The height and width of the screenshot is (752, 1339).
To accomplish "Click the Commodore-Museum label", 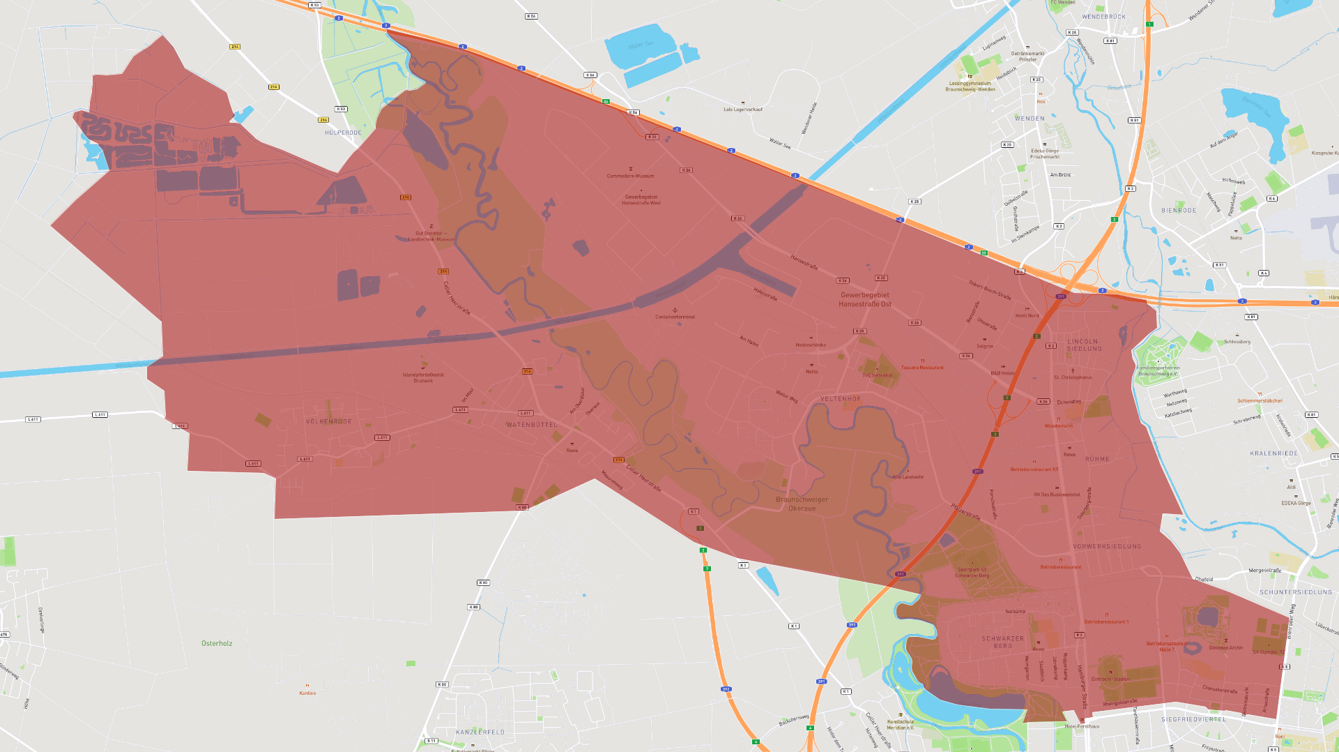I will (630, 176).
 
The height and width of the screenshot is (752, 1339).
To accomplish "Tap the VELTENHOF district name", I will (841, 399).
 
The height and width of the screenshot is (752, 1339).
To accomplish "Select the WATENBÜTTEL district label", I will (532, 425).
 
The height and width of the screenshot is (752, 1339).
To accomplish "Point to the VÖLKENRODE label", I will (329, 421).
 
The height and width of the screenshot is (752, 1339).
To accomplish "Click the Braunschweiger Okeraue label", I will (802, 504).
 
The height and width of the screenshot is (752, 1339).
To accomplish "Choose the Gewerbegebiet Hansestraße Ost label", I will (864, 299).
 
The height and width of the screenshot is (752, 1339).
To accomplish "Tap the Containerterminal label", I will (675, 317).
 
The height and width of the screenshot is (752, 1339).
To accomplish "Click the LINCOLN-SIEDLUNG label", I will (1084, 345).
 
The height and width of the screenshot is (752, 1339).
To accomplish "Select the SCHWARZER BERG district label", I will (1003, 642).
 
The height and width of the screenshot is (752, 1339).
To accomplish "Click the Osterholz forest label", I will (217, 643).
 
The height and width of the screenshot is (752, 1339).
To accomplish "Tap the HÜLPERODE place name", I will (343, 133).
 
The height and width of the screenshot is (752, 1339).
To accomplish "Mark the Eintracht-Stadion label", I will (1110, 679).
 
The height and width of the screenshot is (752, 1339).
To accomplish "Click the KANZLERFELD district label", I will (480, 732).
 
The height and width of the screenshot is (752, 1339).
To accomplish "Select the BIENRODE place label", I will (1179, 210).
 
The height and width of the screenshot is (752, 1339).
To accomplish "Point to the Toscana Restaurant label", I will (922, 368).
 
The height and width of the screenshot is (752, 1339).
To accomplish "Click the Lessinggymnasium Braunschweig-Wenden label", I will (970, 87).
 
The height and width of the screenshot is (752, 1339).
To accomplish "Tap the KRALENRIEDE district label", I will (1273, 453).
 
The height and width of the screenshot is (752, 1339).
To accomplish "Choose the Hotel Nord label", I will (1027, 316).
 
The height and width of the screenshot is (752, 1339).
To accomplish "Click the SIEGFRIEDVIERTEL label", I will (1193, 719).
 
